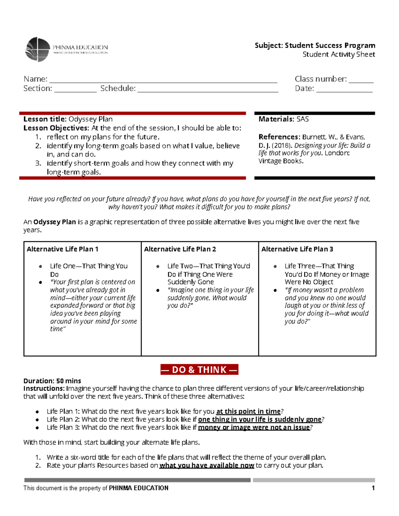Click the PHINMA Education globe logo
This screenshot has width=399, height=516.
38,50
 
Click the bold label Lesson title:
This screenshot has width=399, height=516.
45,119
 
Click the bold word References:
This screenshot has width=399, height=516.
279,137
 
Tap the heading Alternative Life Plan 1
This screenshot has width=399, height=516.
63,249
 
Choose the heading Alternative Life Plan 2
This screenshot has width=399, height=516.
180,249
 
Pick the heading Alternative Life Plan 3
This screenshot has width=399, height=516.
297,249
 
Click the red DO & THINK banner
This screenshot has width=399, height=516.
199,370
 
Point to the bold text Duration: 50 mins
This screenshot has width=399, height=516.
52,381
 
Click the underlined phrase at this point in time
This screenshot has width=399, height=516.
248,411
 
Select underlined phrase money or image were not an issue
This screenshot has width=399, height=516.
254,427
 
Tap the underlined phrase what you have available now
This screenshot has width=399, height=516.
206,465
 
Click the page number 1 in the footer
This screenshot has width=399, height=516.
373,488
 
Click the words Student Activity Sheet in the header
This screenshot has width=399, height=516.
338,54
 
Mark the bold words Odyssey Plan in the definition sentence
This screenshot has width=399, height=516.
55,222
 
